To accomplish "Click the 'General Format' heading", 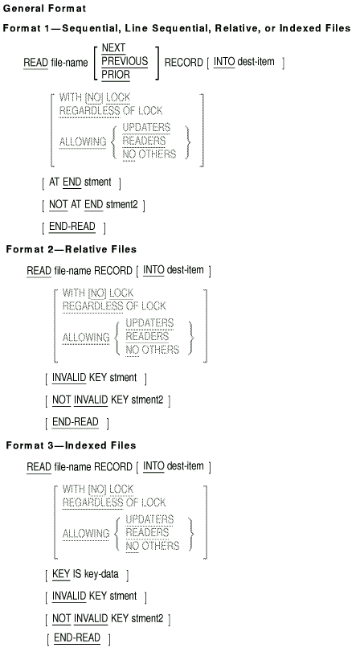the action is pyautogui.click(x=44, y=8).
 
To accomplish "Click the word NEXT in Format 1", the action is pyautogui.click(x=113, y=48).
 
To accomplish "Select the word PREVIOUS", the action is pyautogui.click(x=125, y=61).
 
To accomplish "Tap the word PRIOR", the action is pyautogui.click(x=116, y=75).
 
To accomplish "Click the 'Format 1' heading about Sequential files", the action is pyautogui.click(x=177, y=28).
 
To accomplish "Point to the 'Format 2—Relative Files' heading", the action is pyautogui.click(x=71, y=249).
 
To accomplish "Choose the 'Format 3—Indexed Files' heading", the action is pyautogui.click(x=71, y=445).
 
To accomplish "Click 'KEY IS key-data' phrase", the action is pyautogui.click(x=85, y=574).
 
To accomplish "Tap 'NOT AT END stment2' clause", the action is pyautogui.click(x=93, y=205).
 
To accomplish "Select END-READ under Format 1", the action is pyautogui.click(x=72, y=227).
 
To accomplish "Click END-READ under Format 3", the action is pyautogui.click(x=77, y=638).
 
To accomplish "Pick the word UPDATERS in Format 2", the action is pyautogui.click(x=149, y=323).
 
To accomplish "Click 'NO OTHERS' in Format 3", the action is pyautogui.click(x=152, y=546).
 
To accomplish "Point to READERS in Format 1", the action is pyautogui.click(x=144, y=141).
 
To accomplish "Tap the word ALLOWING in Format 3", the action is pyautogui.click(x=86, y=534).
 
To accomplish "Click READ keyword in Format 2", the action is pyautogui.click(x=39, y=271).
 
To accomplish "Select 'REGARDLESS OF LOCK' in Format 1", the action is pyautogui.click(x=111, y=111).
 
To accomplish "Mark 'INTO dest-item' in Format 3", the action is pyautogui.click(x=174, y=467).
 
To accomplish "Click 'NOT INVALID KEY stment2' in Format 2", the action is pyautogui.click(x=108, y=400).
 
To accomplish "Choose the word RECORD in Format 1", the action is pyautogui.click(x=184, y=62).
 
